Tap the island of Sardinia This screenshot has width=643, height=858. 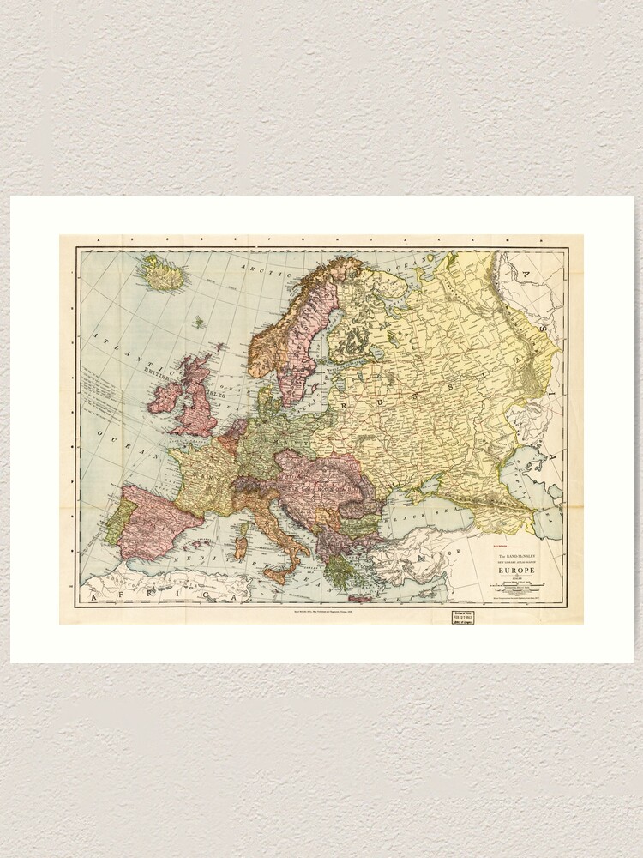coord(241,547)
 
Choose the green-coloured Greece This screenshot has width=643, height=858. coord(341,571)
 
